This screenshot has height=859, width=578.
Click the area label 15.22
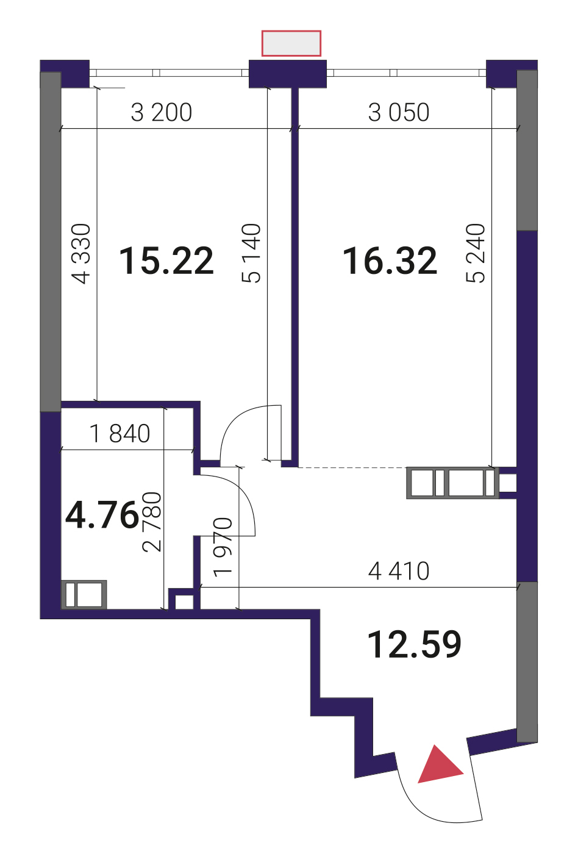(166, 261)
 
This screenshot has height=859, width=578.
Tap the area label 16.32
(390, 261)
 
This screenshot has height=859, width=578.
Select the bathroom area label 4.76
(102, 515)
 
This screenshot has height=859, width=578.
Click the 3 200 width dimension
(162, 112)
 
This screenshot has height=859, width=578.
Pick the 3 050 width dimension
(399, 112)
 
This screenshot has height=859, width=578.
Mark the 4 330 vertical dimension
(82, 254)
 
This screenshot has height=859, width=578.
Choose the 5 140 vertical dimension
(251, 253)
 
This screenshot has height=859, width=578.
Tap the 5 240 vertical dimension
(476, 253)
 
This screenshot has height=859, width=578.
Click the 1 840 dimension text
(120, 434)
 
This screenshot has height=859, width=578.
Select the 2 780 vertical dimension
(152, 522)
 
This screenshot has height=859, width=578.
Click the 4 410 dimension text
(399, 572)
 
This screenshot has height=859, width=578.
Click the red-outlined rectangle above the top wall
(291, 43)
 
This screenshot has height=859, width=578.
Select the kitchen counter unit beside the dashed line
(452, 483)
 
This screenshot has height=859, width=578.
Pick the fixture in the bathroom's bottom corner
(84, 595)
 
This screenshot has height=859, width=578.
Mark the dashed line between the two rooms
(352, 467)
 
